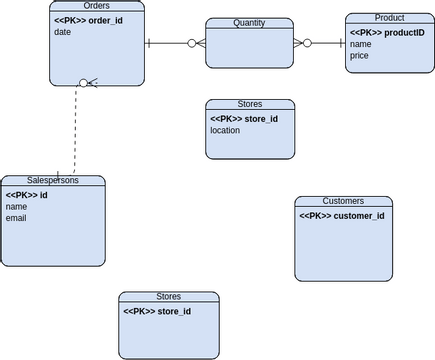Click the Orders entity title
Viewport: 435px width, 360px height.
[x=96, y=6]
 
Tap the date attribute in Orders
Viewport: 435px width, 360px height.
[x=63, y=32]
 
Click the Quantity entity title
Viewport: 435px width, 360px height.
[x=249, y=23]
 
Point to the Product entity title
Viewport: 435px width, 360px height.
[x=389, y=18]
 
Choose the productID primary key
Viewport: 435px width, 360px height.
[x=387, y=32]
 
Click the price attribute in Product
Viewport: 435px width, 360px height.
[x=360, y=56]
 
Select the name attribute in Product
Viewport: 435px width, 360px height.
[x=361, y=44]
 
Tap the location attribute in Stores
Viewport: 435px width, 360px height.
[x=225, y=130]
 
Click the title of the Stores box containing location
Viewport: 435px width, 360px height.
[x=250, y=104]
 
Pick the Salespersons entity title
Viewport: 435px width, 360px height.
[x=53, y=180]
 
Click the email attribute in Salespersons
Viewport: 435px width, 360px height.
[x=16, y=218]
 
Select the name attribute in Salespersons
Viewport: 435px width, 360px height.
[x=16, y=206]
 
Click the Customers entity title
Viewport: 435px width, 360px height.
[x=343, y=201]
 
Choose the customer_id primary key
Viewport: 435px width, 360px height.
[x=342, y=216]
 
